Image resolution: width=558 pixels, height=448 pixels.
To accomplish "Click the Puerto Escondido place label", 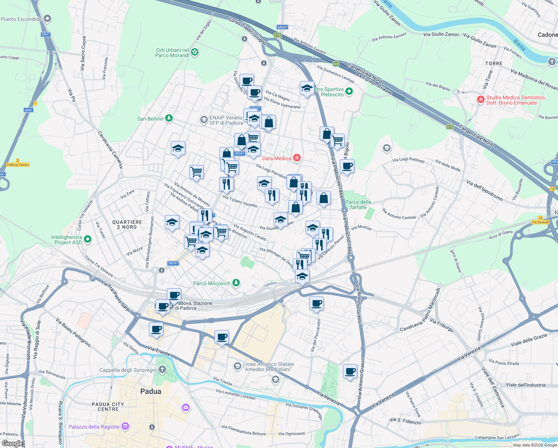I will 21,19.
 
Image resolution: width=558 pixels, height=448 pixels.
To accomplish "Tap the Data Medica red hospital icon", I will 297,158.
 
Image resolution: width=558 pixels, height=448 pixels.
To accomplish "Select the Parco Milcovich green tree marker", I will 236,283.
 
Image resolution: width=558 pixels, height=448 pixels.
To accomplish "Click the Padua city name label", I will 151,391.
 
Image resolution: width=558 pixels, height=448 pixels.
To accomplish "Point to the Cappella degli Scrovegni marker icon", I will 162,370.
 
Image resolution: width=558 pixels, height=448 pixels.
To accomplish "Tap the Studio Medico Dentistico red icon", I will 481,100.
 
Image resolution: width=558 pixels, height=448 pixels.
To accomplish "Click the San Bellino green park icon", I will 169,118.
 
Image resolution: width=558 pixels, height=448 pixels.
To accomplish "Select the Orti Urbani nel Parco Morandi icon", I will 195,53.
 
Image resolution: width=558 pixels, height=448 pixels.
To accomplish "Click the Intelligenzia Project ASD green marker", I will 88,239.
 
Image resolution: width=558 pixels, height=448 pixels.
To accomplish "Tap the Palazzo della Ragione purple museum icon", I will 125,426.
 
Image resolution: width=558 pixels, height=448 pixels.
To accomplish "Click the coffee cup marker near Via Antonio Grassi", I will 350,371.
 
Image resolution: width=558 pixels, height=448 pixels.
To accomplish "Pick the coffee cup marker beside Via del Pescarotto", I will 316,303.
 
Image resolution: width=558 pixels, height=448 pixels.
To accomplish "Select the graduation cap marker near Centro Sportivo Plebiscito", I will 307,88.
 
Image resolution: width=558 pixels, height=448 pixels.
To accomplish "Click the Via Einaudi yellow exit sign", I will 540,222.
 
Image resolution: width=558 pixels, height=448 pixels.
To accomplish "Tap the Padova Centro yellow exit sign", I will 18,165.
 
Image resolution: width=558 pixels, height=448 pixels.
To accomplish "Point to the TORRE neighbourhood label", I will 494,63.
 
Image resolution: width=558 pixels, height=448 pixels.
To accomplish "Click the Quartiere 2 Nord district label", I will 127,224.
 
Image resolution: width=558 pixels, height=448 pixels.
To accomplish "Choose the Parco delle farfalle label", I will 358,205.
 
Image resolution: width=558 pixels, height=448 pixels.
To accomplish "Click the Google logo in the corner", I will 12,444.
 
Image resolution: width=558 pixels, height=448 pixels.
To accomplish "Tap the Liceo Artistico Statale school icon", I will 238,366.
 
